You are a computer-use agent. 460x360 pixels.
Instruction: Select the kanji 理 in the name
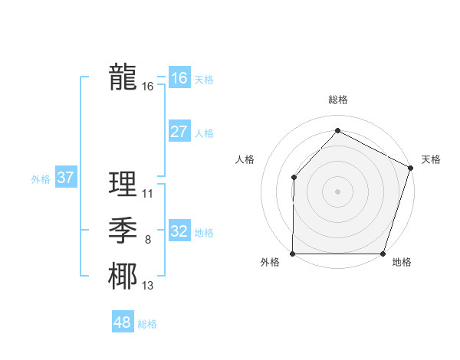tap(123, 185)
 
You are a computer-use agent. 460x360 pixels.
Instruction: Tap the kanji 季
tap(123, 231)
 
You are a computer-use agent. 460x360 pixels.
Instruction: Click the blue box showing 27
tap(179, 132)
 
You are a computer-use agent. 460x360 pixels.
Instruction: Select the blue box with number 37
tap(65, 178)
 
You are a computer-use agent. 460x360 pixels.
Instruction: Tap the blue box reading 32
tap(179, 231)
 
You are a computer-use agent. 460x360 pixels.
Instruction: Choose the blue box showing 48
tap(123, 322)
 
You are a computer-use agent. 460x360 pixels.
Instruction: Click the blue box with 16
tap(179, 78)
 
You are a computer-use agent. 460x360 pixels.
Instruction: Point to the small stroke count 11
tap(148, 194)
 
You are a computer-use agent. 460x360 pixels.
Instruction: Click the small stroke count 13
tap(148, 286)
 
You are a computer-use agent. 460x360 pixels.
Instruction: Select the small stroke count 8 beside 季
tap(148, 241)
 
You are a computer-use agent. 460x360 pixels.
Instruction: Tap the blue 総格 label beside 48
tap(147, 324)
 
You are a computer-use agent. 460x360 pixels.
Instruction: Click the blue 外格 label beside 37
tap(41, 179)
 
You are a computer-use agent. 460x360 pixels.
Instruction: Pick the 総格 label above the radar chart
tap(337, 100)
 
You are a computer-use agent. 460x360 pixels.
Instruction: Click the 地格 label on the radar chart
tap(402, 263)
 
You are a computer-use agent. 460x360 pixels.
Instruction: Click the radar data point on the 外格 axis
tap(293, 254)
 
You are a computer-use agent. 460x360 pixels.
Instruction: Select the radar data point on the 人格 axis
tap(294, 178)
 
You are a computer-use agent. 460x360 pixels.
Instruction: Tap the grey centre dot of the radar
tap(337, 191)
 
